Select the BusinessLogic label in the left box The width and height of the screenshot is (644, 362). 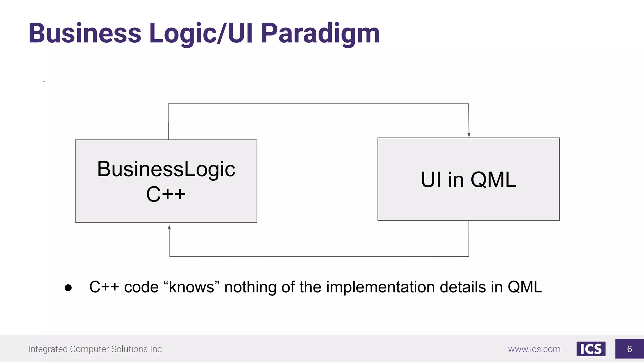pos(166,169)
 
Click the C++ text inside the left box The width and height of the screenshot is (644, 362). pos(166,194)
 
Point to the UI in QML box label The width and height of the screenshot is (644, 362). pos(468,180)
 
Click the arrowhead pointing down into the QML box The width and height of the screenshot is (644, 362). pos(469,135)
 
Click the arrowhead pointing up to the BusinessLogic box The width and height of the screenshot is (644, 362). pos(169,228)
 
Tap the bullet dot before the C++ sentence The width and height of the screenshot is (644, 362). pos(68,288)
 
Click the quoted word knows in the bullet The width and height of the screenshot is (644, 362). pos(191,287)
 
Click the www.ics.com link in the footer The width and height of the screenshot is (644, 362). pos(534,349)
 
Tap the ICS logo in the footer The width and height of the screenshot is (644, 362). pos(591,349)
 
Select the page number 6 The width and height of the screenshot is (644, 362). pos(629,349)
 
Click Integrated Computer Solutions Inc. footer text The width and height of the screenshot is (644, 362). pos(96,349)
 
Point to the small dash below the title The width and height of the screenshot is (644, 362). pos(44,82)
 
